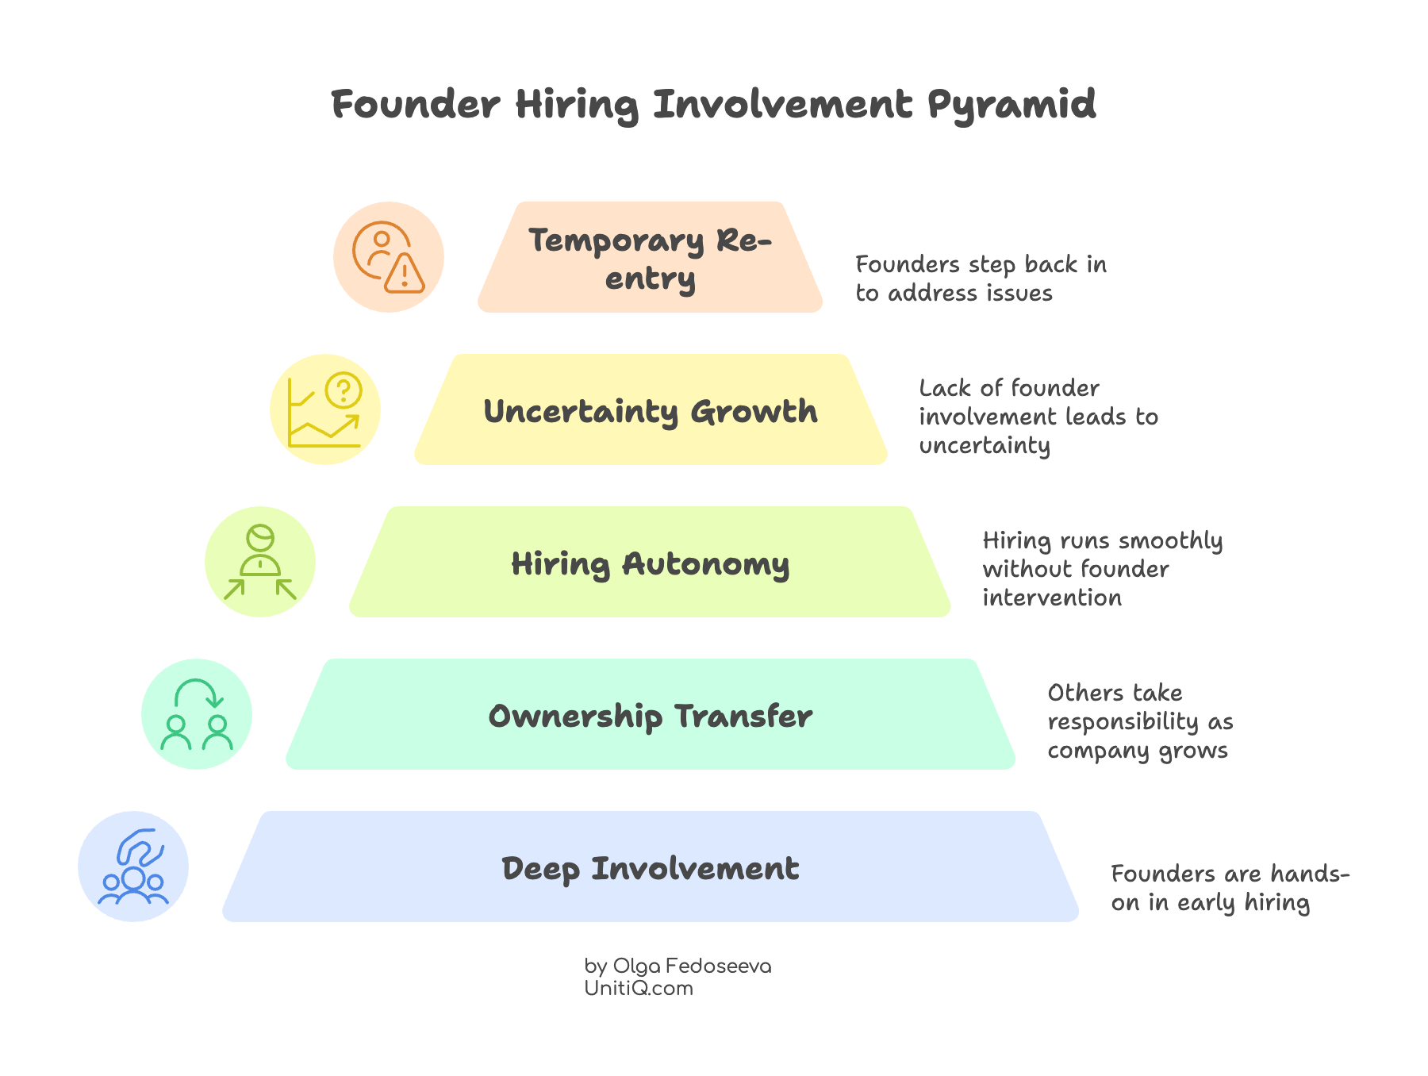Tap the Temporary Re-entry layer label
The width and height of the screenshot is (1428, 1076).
(x=650, y=259)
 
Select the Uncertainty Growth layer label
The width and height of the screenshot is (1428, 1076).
(x=650, y=411)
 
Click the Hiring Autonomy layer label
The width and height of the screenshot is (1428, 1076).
(x=650, y=563)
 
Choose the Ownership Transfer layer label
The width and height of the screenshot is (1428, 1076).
(x=650, y=716)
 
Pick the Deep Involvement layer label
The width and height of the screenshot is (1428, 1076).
(x=650, y=868)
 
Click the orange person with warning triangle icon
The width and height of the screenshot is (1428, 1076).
(x=389, y=257)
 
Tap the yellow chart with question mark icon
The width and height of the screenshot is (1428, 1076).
(x=325, y=409)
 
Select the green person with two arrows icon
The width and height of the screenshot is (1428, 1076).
(x=260, y=562)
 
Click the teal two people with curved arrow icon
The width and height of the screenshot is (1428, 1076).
(x=197, y=714)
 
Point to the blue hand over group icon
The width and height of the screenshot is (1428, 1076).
(x=133, y=867)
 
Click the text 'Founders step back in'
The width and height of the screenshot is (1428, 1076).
(x=981, y=264)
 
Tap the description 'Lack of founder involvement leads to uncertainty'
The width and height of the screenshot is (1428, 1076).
(x=1038, y=417)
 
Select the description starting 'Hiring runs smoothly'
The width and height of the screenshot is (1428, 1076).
(x=1102, y=569)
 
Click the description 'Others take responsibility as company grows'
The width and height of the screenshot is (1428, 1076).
(x=1140, y=721)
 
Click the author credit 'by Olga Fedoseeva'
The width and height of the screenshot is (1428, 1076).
(x=678, y=966)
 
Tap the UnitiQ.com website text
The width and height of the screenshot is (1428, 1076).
(x=639, y=988)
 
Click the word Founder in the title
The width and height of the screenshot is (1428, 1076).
(x=416, y=104)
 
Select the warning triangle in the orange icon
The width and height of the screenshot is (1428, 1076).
(x=405, y=274)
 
